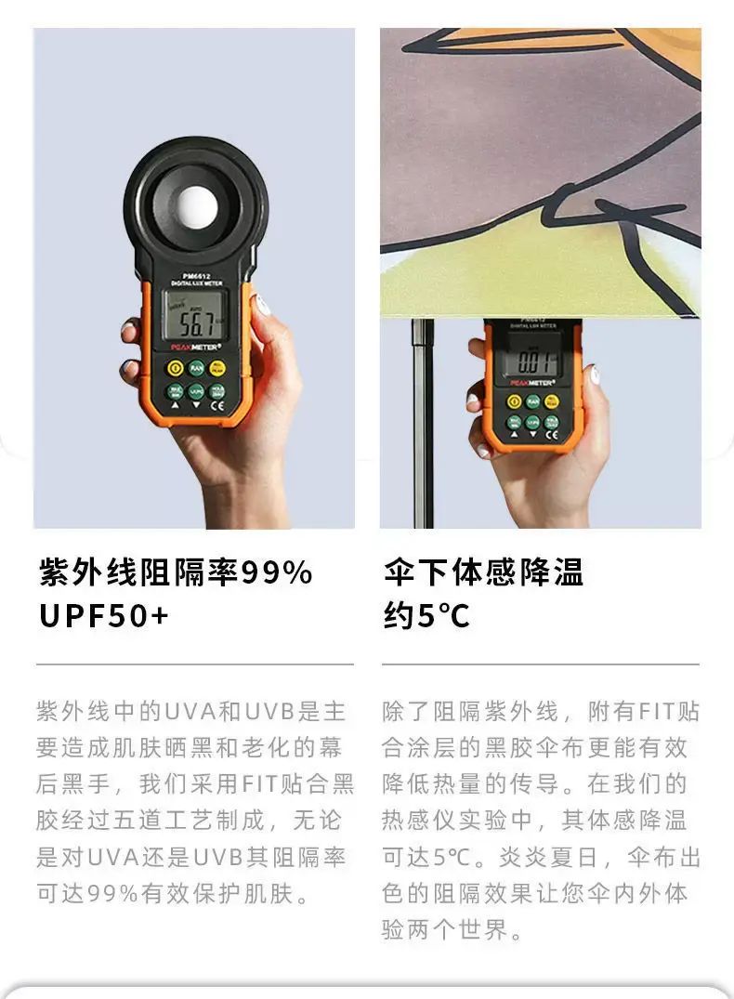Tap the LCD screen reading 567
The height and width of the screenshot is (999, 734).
pyautogui.click(x=194, y=317)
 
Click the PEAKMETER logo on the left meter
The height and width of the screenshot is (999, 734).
pyautogui.click(x=196, y=348)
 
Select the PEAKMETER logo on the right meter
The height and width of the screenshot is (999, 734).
pyautogui.click(x=532, y=383)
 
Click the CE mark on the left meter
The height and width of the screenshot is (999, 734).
pyautogui.click(x=217, y=405)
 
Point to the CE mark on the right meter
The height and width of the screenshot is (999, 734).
pyautogui.click(x=552, y=435)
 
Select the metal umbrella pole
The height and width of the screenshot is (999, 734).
pyautogui.click(x=423, y=423)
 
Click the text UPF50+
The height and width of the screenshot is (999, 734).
pyautogui.click(x=104, y=615)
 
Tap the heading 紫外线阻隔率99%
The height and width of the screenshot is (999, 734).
pyautogui.click(x=176, y=572)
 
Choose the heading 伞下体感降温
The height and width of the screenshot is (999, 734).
pyautogui.click(x=483, y=572)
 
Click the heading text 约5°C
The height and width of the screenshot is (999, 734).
pyautogui.click(x=426, y=615)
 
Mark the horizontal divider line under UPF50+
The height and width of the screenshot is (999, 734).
pyautogui.click(x=195, y=664)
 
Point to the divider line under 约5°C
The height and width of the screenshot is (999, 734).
pyautogui.click(x=541, y=664)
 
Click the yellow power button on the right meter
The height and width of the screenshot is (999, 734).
pyautogui.click(x=514, y=401)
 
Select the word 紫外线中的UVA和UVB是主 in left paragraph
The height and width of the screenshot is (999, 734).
pyautogui.click(x=190, y=711)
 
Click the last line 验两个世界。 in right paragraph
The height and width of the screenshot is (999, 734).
pyautogui.click(x=452, y=929)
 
